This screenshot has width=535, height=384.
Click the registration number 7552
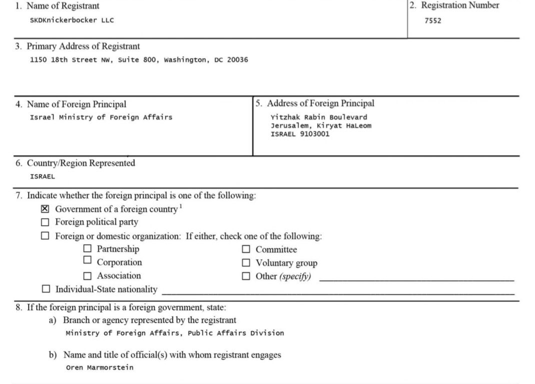coord(433,21)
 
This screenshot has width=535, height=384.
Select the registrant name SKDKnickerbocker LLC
coord(72,21)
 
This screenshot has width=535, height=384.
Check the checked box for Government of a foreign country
coord(45,209)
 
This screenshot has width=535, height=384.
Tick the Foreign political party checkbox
coord(46,222)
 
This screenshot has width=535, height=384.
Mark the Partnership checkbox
coord(88,248)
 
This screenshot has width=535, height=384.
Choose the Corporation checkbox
coord(88,260)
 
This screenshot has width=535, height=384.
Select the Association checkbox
coord(88,275)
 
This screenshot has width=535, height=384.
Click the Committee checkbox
coord(246,249)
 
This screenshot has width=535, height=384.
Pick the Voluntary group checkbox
coord(246,262)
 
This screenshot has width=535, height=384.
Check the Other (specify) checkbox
coord(246,276)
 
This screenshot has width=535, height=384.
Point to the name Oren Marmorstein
coord(100,367)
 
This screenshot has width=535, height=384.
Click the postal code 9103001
coord(315,134)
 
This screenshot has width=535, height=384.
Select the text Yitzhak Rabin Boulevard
coord(319,117)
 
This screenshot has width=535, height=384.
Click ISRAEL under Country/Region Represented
coord(43,176)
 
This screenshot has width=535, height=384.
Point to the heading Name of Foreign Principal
coord(76,104)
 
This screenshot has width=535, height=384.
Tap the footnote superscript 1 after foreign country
coord(181,206)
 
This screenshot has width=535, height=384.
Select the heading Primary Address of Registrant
coord(83,46)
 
